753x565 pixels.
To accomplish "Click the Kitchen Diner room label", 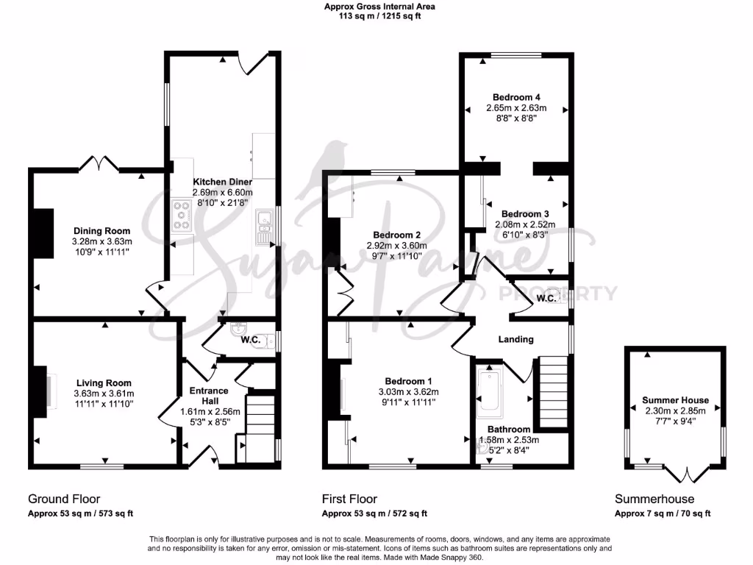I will pos(223,182).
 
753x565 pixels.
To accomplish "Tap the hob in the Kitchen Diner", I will pos(181,214).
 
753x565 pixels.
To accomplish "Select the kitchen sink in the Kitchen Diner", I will pos(263,225).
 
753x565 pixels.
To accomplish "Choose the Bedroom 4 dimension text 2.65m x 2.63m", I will pos(517,107).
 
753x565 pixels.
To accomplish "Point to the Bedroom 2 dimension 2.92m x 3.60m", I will pos(396,246).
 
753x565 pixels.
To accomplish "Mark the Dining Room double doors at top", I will pos(104,163).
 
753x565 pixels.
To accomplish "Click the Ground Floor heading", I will pos(64,499).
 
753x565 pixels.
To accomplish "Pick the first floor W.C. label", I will pos(546,299).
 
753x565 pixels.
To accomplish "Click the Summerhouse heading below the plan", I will pos(652,499).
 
